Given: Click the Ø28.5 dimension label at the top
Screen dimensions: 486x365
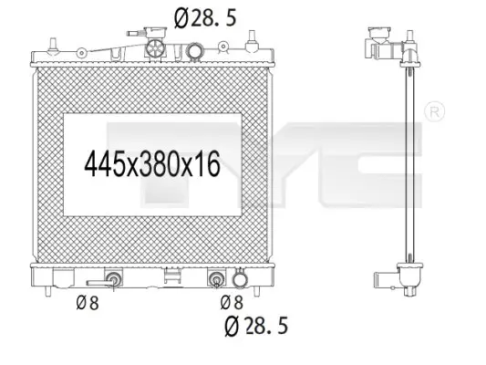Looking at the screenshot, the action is (x=205, y=17).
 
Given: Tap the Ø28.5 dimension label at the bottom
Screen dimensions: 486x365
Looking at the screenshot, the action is (x=256, y=326).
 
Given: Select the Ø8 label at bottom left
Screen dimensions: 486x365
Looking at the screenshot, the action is (x=88, y=303).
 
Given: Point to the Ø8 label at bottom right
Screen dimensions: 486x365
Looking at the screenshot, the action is (x=232, y=302).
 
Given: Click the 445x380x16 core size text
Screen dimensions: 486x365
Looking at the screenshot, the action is (x=152, y=164).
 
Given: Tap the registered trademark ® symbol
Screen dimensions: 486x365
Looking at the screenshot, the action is (x=434, y=111).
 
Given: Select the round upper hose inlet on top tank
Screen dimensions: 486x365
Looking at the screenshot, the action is (x=194, y=51).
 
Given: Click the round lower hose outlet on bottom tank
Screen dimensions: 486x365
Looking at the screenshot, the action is (x=240, y=279).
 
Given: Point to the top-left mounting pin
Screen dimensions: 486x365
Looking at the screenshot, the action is (x=53, y=45).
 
